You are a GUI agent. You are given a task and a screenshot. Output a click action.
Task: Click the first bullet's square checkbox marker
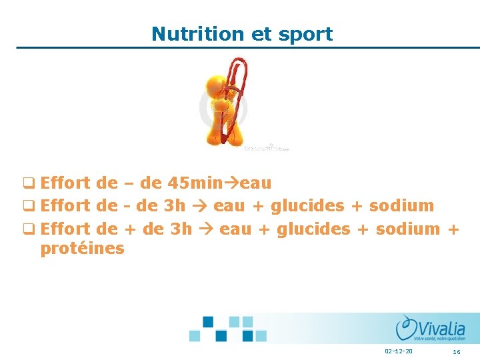tap(29, 183)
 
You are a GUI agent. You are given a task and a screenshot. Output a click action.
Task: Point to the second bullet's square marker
tap(29, 206)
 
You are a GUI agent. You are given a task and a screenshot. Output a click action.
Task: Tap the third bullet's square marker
tap(29, 229)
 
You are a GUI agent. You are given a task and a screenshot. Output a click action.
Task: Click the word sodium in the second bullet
tap(401, 205)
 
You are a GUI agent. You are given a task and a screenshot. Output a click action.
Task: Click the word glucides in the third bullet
tap(313, 229)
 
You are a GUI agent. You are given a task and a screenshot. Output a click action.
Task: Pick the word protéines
tap(82, 249)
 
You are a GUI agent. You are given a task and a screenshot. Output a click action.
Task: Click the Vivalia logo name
tap(443, 328)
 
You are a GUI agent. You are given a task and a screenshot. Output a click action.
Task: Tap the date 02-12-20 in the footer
tap(399, 351)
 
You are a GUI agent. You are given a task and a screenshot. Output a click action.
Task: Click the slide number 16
tap(457, 351)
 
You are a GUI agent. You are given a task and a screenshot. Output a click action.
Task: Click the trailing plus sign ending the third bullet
tap(453, 229)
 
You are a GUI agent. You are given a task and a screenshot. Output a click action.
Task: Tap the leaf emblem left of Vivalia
tap(405, 327)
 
